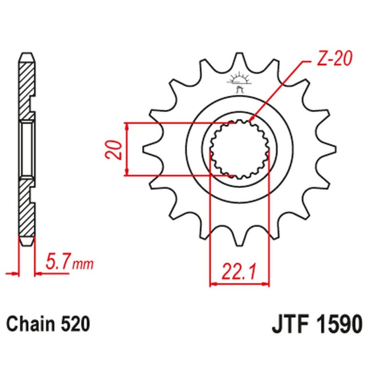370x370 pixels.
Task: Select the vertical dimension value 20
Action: (x=116, y=149)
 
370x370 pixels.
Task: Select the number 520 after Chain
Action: (x=74, y=323)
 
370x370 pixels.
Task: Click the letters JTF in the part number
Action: (x=289, y=324)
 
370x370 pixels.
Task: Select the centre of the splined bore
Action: (x=239, y=149)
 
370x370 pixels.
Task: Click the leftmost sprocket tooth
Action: (x=148, y=149)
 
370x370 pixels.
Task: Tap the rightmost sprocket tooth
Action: (x=331, y=149)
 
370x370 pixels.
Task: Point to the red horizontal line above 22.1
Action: (x=240, y=283)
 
